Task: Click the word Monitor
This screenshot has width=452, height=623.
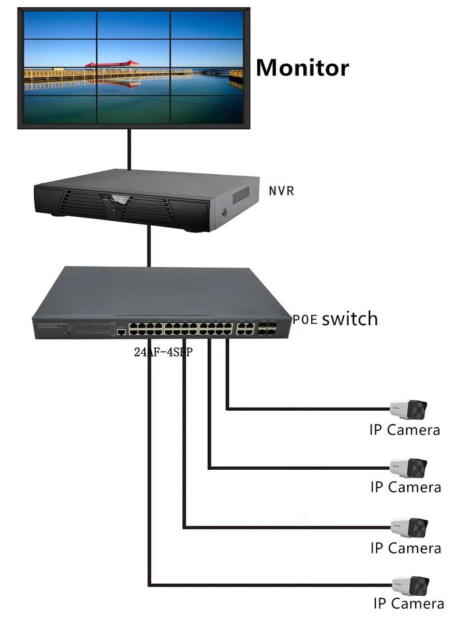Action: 302,67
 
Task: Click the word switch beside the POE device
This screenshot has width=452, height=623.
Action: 349,319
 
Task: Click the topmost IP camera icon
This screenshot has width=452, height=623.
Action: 408,409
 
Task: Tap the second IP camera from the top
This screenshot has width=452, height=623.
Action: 408,468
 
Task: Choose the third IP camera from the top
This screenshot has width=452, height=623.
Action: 409,527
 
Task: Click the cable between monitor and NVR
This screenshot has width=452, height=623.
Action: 130,149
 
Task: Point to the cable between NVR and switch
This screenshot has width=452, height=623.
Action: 149,246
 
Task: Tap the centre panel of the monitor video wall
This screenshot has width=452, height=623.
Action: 133,67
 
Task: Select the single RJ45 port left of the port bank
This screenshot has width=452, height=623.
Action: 121,332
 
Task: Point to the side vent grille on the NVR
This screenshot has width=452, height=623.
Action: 241,194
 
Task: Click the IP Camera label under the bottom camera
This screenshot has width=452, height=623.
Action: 408,604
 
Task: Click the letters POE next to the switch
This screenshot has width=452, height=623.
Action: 305,320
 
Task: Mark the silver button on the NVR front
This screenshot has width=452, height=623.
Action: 119,200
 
